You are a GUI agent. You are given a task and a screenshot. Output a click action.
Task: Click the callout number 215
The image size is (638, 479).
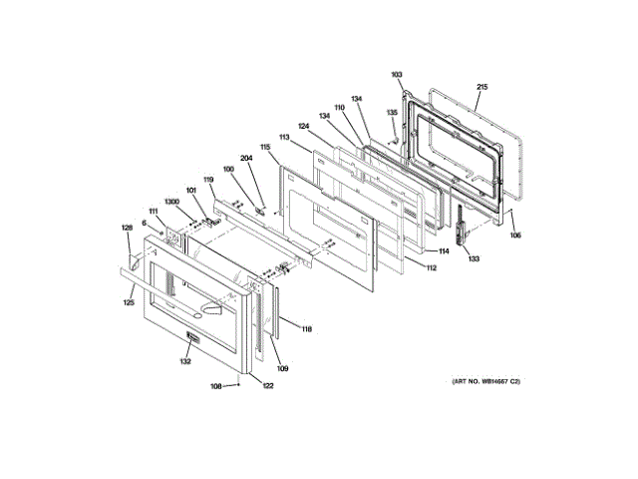481,88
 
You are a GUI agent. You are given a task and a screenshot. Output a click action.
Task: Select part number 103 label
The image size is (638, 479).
397,76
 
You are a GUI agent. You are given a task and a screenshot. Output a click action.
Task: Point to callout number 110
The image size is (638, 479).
340,108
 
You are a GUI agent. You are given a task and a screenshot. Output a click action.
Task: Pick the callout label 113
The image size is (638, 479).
284,137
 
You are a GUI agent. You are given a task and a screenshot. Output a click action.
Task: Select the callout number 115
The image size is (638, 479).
266,148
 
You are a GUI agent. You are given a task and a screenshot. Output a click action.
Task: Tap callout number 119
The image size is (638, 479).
209,180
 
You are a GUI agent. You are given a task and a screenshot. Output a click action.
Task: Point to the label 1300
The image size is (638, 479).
172,203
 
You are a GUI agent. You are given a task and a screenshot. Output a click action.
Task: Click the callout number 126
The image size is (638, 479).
127,228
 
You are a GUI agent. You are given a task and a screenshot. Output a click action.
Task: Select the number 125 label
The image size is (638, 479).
129,302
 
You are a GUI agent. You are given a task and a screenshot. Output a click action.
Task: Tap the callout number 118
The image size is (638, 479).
307,328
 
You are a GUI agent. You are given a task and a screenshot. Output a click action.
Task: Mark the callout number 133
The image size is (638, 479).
474,259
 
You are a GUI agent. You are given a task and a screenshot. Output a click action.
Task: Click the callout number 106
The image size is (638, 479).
515,236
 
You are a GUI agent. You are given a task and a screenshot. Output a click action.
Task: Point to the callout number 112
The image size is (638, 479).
432,268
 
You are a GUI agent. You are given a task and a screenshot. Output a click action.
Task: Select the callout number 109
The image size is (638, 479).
282,369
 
